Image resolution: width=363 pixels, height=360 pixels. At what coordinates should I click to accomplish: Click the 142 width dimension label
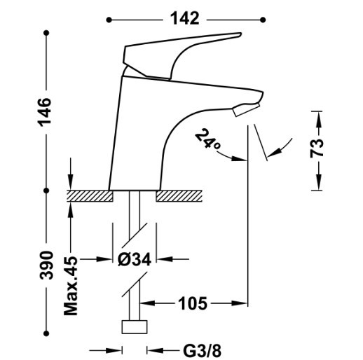click(x=185, y=19)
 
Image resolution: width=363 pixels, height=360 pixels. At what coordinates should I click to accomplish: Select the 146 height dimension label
click(x=45, y=113)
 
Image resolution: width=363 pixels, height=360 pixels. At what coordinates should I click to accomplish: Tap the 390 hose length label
click(x=46, y=265)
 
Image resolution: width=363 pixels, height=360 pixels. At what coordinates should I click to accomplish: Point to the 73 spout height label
click(x=317, y=148)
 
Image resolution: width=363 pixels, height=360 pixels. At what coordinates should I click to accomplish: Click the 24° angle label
click(x=207, y=139)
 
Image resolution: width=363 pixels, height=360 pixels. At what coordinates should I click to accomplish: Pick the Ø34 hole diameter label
click(x=135, y=259)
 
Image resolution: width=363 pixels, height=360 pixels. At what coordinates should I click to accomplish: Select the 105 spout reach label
click(x=193, y=303)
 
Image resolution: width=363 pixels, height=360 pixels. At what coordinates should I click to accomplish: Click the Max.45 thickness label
click(x=71, y=286)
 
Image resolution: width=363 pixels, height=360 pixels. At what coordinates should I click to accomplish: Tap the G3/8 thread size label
click(x=203, y=351)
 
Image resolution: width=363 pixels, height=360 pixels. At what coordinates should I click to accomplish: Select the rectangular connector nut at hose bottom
click(x=135, y=327)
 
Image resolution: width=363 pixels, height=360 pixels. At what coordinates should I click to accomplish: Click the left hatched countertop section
click(x=90, y=196)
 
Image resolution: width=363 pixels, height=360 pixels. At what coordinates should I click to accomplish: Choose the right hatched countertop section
click(x=179, y=196)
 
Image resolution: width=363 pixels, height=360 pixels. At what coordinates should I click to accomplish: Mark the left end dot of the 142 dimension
click(x=109, y=20)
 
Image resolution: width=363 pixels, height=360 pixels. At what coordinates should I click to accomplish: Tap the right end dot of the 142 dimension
click(x=263, y=20)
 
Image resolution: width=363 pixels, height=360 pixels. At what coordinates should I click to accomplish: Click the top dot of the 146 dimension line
click(x=46, y=33)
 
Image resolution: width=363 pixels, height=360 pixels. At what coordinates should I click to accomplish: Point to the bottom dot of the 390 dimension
click(x=46, y=333)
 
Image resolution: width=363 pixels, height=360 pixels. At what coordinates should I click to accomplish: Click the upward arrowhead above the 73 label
click(x=319, y=119)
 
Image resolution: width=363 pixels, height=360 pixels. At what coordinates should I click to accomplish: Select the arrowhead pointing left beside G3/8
click(x=155, y=350)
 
